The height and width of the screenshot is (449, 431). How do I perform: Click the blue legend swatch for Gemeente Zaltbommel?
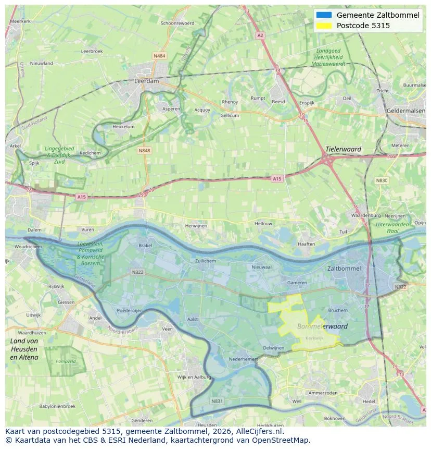(x=323, y=15)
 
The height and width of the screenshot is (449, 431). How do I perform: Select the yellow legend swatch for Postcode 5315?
(x=323, y=26)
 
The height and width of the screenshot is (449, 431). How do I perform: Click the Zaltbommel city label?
(x=344, y=269)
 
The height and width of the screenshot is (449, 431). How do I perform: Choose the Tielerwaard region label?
(x=343, y=149)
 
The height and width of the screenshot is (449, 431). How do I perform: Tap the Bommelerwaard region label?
(x=322, y=326)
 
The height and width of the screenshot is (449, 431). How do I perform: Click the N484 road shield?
(x=159, y=56)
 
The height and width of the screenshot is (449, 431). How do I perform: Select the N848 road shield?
(x=144, y=151)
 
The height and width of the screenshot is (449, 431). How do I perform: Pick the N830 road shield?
(x=382, y=180)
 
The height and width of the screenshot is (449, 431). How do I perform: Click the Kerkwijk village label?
(x=314, y=338)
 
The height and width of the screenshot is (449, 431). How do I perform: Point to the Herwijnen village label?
(x=196, y=226)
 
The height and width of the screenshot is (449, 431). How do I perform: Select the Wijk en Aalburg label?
(x=194, y=377)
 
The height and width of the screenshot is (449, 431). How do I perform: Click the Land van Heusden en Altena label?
(x=24, y=349)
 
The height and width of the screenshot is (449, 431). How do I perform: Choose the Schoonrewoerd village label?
(x=177, y=23)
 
